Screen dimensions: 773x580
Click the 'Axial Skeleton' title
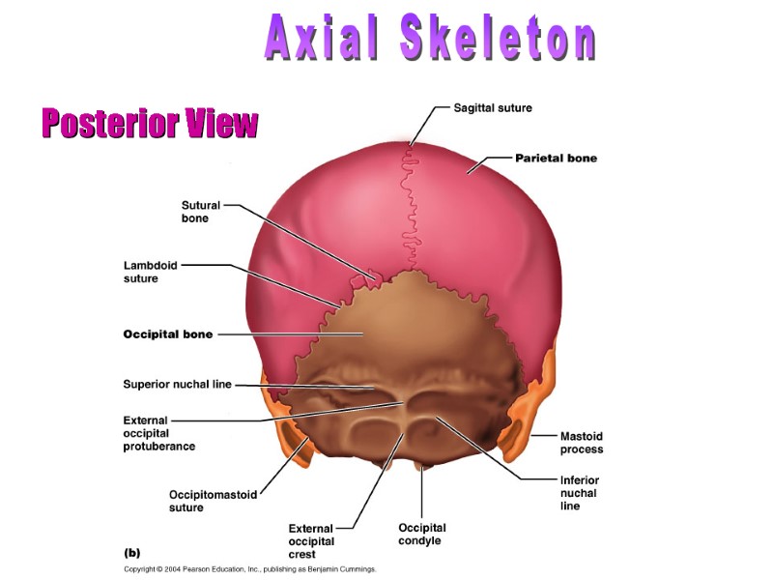(431, 40)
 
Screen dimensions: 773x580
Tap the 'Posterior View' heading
(150, 123)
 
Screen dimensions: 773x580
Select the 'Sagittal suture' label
(493, 107)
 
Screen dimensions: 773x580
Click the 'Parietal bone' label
(556, 158)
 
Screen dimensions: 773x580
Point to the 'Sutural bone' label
(201, 212)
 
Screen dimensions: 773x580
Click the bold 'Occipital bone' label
(168, 334)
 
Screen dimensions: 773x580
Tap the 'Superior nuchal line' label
(177, 384)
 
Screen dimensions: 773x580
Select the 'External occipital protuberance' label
(159, 433)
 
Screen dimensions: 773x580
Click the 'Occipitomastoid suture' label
(213, 501)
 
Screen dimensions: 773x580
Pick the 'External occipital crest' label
(311, 541)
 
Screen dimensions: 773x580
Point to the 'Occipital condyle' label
(422, 535)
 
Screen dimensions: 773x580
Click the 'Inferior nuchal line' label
(579, 493)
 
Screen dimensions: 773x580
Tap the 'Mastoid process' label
(581, 443)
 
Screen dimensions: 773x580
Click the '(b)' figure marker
(132, 553)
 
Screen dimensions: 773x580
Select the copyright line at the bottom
(249, 569)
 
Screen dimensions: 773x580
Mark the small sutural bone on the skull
(366, 281)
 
